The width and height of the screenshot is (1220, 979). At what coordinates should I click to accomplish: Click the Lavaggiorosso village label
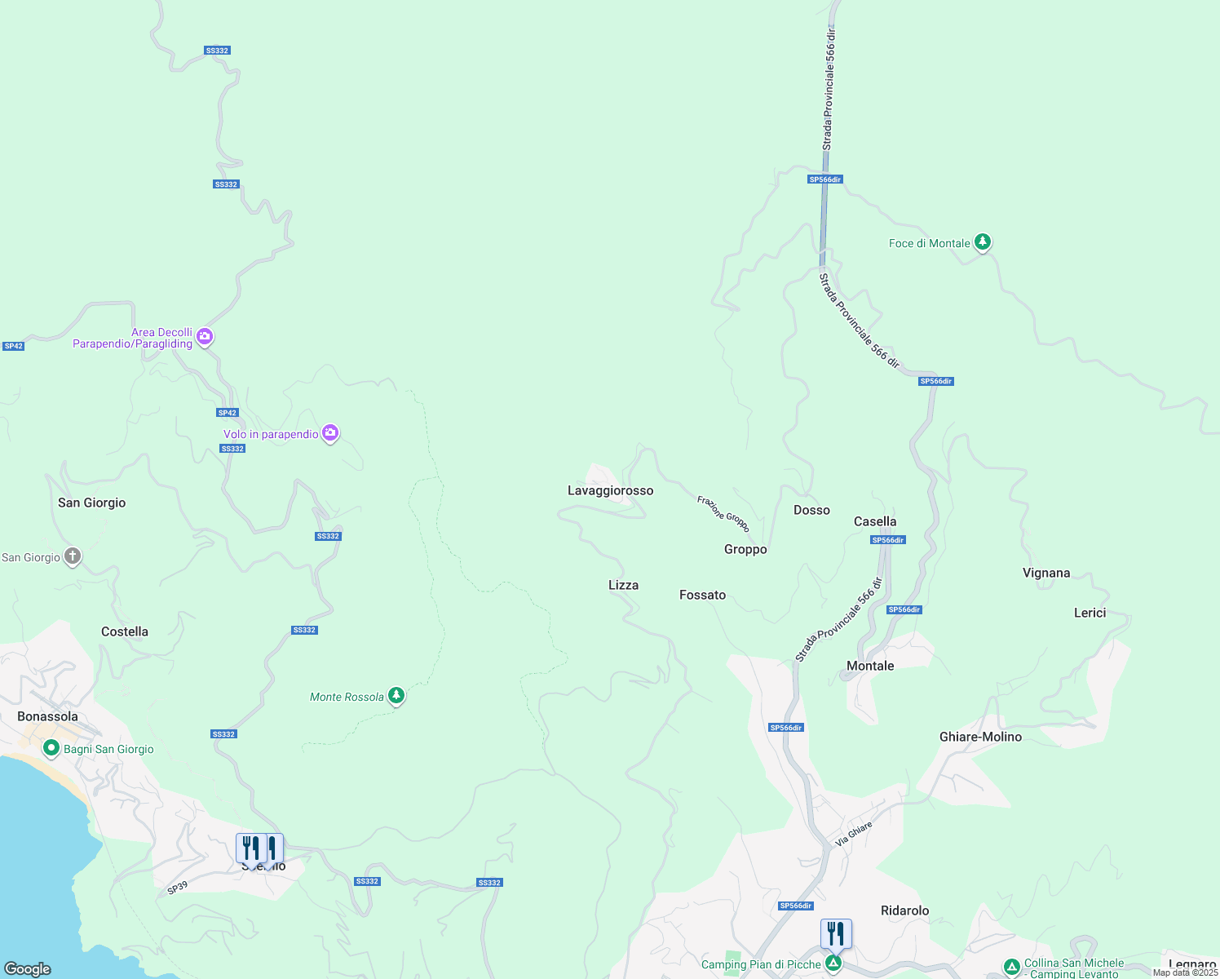[610, 490]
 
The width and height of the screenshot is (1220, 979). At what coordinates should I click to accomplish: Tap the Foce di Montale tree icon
[983, 241]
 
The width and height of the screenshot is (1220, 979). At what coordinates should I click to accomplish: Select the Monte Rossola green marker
[396, 696]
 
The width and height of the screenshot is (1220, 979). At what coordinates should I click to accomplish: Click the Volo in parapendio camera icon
[330, 432]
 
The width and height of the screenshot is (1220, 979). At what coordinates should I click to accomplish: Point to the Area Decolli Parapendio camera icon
[205, 336]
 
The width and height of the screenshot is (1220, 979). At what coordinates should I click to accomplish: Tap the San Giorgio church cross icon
[73, 556]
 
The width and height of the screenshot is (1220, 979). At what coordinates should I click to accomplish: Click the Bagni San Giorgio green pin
[51, 748]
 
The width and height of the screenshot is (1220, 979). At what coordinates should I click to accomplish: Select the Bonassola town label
[47, 716]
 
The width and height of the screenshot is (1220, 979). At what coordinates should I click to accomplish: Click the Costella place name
[125, 631]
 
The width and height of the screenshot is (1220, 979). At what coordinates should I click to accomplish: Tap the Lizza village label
[623, 585]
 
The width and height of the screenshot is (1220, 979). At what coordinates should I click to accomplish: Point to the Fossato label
[702, 595]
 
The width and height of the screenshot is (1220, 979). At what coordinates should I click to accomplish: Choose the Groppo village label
[745, 549]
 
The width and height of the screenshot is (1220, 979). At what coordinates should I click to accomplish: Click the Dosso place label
[811, 510]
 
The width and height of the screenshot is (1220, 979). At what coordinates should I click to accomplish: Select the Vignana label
[1046, 573]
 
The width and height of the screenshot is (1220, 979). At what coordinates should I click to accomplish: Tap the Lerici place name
[1090, 613]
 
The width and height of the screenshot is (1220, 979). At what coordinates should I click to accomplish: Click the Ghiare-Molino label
[980, 737]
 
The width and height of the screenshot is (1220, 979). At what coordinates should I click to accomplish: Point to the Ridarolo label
[904, 910]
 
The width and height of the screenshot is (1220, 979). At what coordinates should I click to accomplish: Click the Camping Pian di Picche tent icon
[833, 963]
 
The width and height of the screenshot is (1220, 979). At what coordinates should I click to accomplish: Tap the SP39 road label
[177, 888]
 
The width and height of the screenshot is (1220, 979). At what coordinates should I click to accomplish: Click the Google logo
[28, 969]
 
